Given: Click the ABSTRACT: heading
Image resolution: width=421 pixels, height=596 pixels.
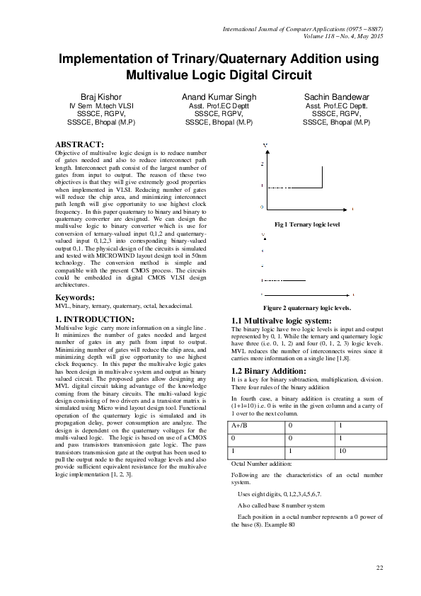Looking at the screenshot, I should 80,144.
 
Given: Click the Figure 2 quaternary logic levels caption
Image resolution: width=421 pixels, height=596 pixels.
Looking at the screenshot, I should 307,309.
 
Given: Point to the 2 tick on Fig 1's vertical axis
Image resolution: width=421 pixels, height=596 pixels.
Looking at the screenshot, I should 261,164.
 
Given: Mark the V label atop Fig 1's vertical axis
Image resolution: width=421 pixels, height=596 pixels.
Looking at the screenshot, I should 265,145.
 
